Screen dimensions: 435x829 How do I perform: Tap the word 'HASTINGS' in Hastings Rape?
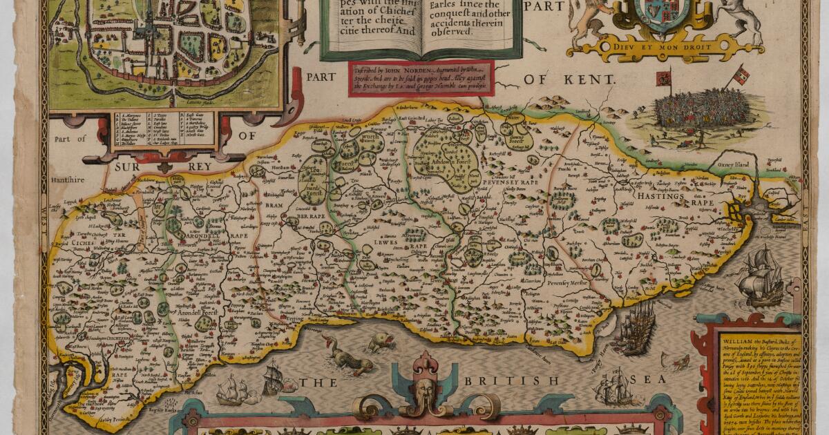point(664,196)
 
